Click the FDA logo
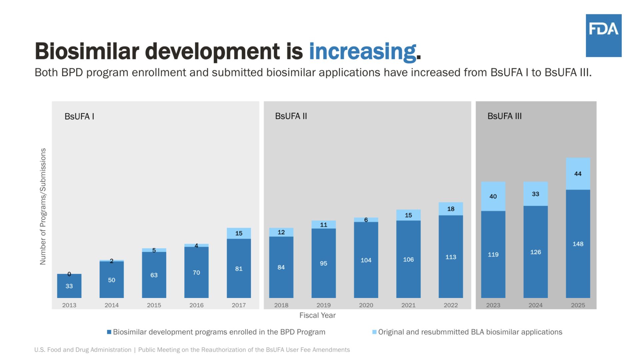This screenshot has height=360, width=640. [x=603, y=35]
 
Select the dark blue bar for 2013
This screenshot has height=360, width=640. [x=69, y=286]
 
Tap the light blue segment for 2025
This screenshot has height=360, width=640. [x=578, y=174]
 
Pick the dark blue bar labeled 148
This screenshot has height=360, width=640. [x=578, y=244]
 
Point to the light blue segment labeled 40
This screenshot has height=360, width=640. [x=493, y=196]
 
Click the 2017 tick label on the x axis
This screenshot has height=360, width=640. [x=239, y=305]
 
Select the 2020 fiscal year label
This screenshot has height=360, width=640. [x=366, y=305]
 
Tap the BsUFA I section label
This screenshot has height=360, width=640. [x=79, y=116]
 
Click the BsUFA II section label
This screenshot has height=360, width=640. [x=291, y=116]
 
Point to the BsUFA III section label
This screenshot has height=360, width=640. [x=504, y=116]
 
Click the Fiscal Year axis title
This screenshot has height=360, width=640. [x=317, y=315]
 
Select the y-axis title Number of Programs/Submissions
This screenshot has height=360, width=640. [x=43, y=206]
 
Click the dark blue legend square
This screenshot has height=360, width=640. [x=109, y=332]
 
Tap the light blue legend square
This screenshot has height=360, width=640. [x=374, y=332]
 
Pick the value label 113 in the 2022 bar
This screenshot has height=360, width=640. [x=451, y=257]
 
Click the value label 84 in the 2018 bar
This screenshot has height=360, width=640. [x=281, y=267]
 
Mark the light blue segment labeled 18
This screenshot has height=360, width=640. [x=451, y=209]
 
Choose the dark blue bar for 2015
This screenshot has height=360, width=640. [x=154, y=275]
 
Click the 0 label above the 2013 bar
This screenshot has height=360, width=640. [x=69, y=274]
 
